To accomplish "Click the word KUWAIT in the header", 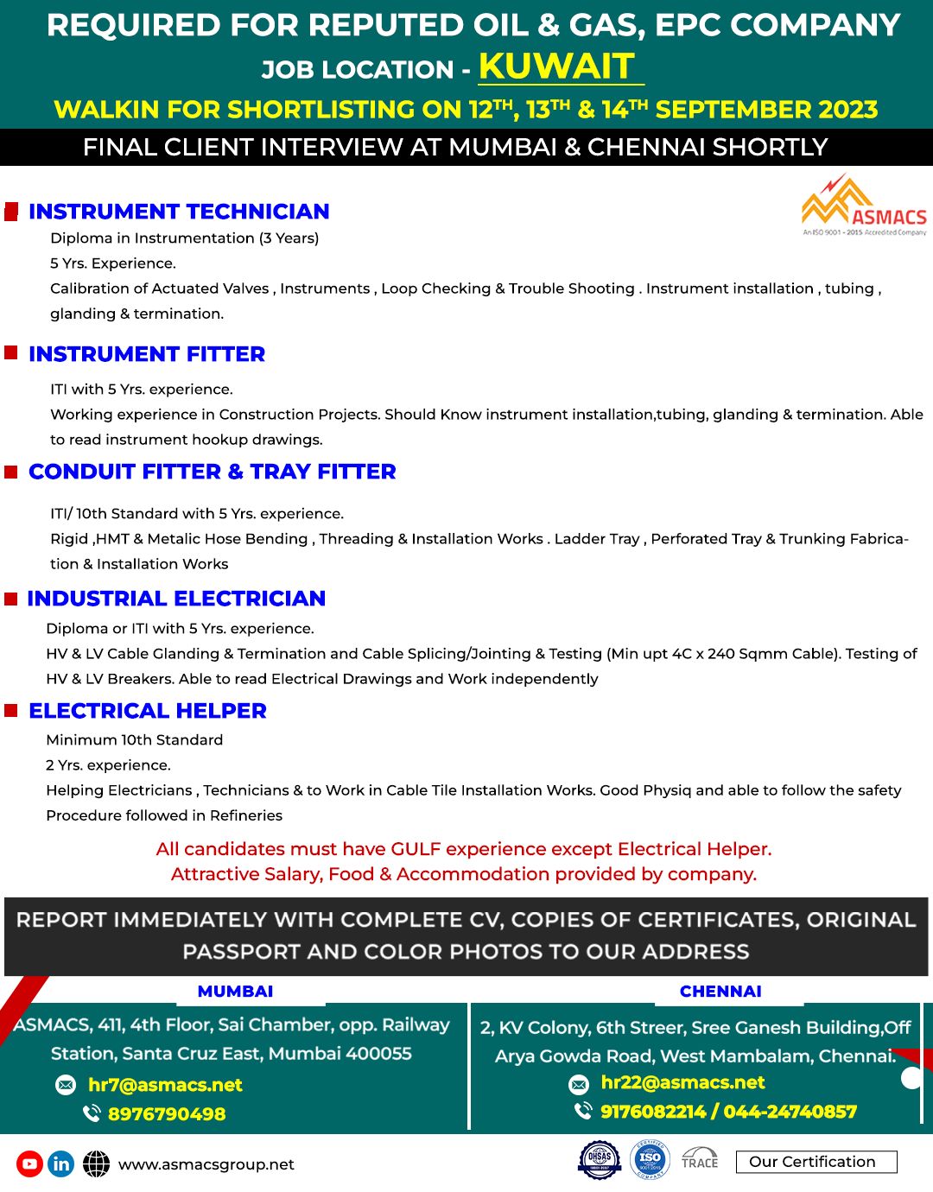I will coord(557,67).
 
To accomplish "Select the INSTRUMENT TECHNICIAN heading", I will coord(179,212).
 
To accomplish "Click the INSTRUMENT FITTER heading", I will coord(147,354).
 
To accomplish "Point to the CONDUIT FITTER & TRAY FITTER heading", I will coord(213,472).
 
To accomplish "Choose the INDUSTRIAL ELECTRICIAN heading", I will coord(176,599).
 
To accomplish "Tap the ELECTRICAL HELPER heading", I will coord(148,711).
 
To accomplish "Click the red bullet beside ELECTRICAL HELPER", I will coord(11,710).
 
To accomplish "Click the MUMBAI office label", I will coord(235,992).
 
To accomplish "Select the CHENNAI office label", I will coord(720,992).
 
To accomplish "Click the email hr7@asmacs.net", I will coord(165,1085).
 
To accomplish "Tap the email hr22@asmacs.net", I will coord(682,1082).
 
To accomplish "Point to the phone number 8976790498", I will coord(167,1114).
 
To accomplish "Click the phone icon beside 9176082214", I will coord(583,1111).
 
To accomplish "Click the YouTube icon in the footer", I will coord(29,1164).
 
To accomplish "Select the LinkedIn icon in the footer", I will coord(60,1164).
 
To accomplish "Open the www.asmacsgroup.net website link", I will coord(206,1164).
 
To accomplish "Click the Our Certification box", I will coord(816,1162).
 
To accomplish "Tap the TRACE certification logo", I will coord(700,1159).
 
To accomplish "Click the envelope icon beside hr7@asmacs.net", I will coord(66,1085).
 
